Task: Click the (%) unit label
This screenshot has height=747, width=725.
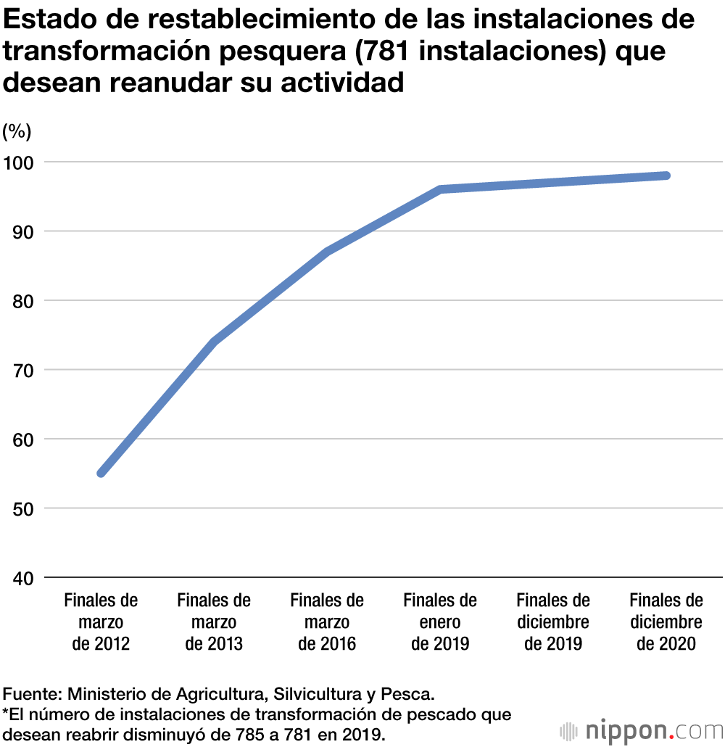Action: point(17,131)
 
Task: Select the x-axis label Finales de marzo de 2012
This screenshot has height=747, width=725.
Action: point(101,622)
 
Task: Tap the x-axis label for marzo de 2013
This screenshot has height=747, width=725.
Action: point(214,622)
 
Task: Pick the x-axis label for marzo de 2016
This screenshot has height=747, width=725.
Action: point(327,622)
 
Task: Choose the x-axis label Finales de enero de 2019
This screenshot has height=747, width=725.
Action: point(440,622)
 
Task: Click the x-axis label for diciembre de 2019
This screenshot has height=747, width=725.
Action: point(553,622)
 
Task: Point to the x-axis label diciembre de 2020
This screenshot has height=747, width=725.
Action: point(666,622)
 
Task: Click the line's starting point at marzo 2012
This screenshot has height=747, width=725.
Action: point(101,473)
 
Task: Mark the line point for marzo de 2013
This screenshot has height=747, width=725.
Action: point(215,342)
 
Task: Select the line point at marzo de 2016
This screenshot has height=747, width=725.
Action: point(328,252)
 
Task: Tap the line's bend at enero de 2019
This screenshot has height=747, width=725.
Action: point(440,189)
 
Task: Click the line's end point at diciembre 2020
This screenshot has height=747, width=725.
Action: point(666,176)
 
